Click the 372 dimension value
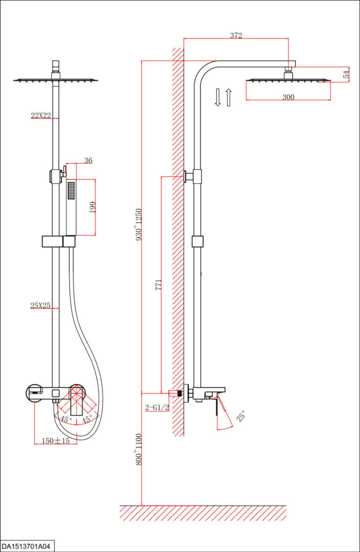pyautogui.click(x=236, y=35)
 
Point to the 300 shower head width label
pyautogui.click(x=288, y=97)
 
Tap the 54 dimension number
pyautogui.click(x=346, y=74)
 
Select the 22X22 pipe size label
pyautogui.click(x=41, y=115)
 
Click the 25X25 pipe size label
pyautogui.click(x=40, y=305)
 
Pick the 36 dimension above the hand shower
pyautogui.click(x=88, y=160)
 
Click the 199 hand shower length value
pyautogui.click(x=93, y=207)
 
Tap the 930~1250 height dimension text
pyautogui.click(x=139, y=224)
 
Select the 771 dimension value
pyautogui.click(x=159, y=285)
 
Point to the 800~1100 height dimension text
pyautogui.click(x=139, y=449)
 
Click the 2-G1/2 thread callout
pyautogui.click(x=157, y=408)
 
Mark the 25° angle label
pyautogui.click(x=241, y=416)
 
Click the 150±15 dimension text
pyautogui.click(x=56, y=441)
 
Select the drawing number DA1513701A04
pyautogui.click(x=26, y=546)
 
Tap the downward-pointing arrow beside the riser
pyautogui.click(x=218, y=97)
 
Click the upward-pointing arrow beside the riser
pyautogui.click(x=229, y=98)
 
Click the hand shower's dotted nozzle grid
pyautogui.click(x=71, y=191)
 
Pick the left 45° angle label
pyautogui.click(x=66, y=419)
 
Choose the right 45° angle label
pyautogui.click(x=87, y=419)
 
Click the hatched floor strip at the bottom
pyautogui.click(x=203, y=513)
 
